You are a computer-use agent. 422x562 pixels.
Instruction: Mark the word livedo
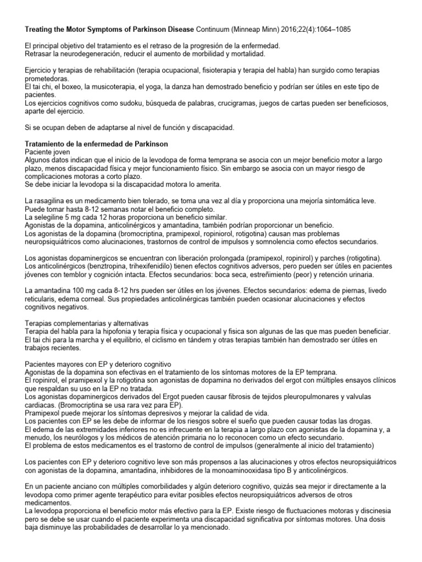pos(383,290)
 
